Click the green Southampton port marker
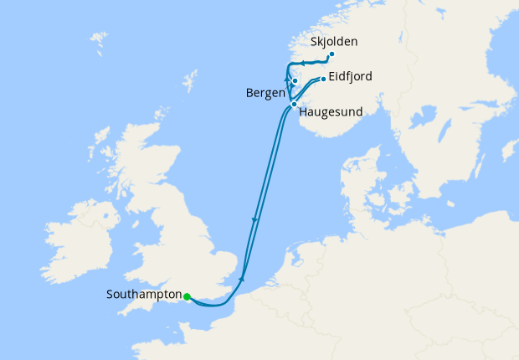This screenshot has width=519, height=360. (x=187, y=296)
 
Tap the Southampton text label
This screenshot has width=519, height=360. (x=145, y=295)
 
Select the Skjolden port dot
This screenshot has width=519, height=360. (x=331, y=54)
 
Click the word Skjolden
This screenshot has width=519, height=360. (x=333, y=40)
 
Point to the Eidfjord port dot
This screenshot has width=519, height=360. (x=323, y=79)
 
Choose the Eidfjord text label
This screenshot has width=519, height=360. (x=351, y=76)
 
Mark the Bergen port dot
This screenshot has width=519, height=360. (x=295, y=81)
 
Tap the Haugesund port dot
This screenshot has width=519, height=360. (x=293, y=104)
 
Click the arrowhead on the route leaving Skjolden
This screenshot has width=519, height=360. (x=302, y=63)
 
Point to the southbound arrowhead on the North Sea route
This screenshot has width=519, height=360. (x=254, y=220)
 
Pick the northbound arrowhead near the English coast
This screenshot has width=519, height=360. (x=242, y=278)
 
